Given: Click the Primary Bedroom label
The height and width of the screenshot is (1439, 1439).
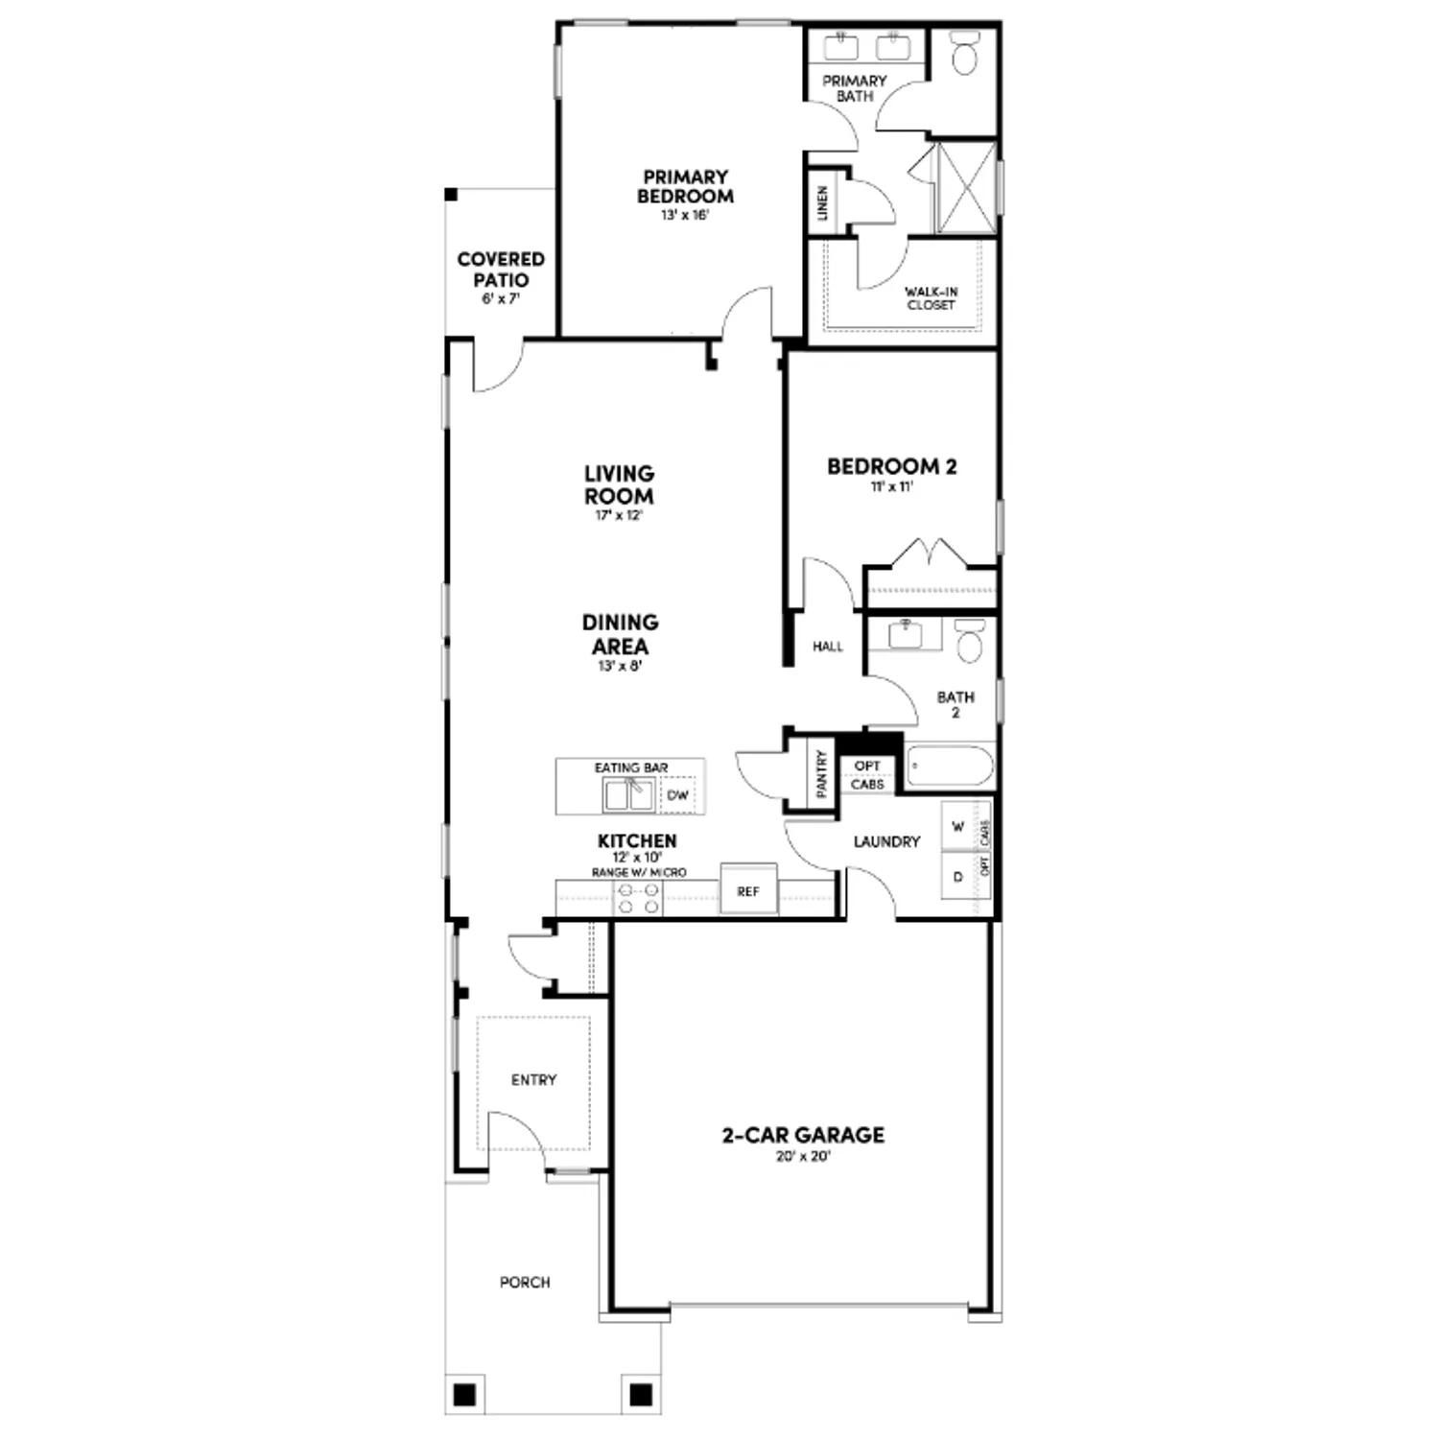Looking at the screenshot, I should (685, 187).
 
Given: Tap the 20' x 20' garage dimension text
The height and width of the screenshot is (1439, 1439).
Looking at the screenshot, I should (803, 1157).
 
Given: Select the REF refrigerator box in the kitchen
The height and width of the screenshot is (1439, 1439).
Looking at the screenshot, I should (748, 891).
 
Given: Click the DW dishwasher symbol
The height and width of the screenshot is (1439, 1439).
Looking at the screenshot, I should (678, 795).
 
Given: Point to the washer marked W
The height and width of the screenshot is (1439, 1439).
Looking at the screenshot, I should (957, 827).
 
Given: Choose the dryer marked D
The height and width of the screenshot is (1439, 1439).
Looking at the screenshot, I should (957, 877).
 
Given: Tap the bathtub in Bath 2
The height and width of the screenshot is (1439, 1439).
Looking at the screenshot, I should (950, 767).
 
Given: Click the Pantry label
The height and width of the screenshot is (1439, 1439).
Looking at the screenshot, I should (821, 773).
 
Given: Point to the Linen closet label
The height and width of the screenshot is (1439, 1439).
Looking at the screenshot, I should (823, 202).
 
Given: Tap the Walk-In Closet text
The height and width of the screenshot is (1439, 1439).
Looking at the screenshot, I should (931, 298).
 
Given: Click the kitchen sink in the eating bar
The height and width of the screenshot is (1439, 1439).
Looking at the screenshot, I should (629, 794).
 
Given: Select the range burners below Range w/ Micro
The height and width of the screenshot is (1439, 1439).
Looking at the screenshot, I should (638, 899).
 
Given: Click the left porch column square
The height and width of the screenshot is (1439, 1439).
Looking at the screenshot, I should (463, 1392).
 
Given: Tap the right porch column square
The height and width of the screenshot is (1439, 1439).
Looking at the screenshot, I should (640, 1392).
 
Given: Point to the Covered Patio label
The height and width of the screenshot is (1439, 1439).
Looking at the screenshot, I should (501, 270).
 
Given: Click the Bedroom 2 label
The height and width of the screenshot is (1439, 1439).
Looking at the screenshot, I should (891, 467).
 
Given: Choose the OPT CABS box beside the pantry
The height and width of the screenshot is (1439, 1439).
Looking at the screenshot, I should (867, 775).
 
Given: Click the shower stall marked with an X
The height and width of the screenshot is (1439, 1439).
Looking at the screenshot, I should (965, 188).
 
